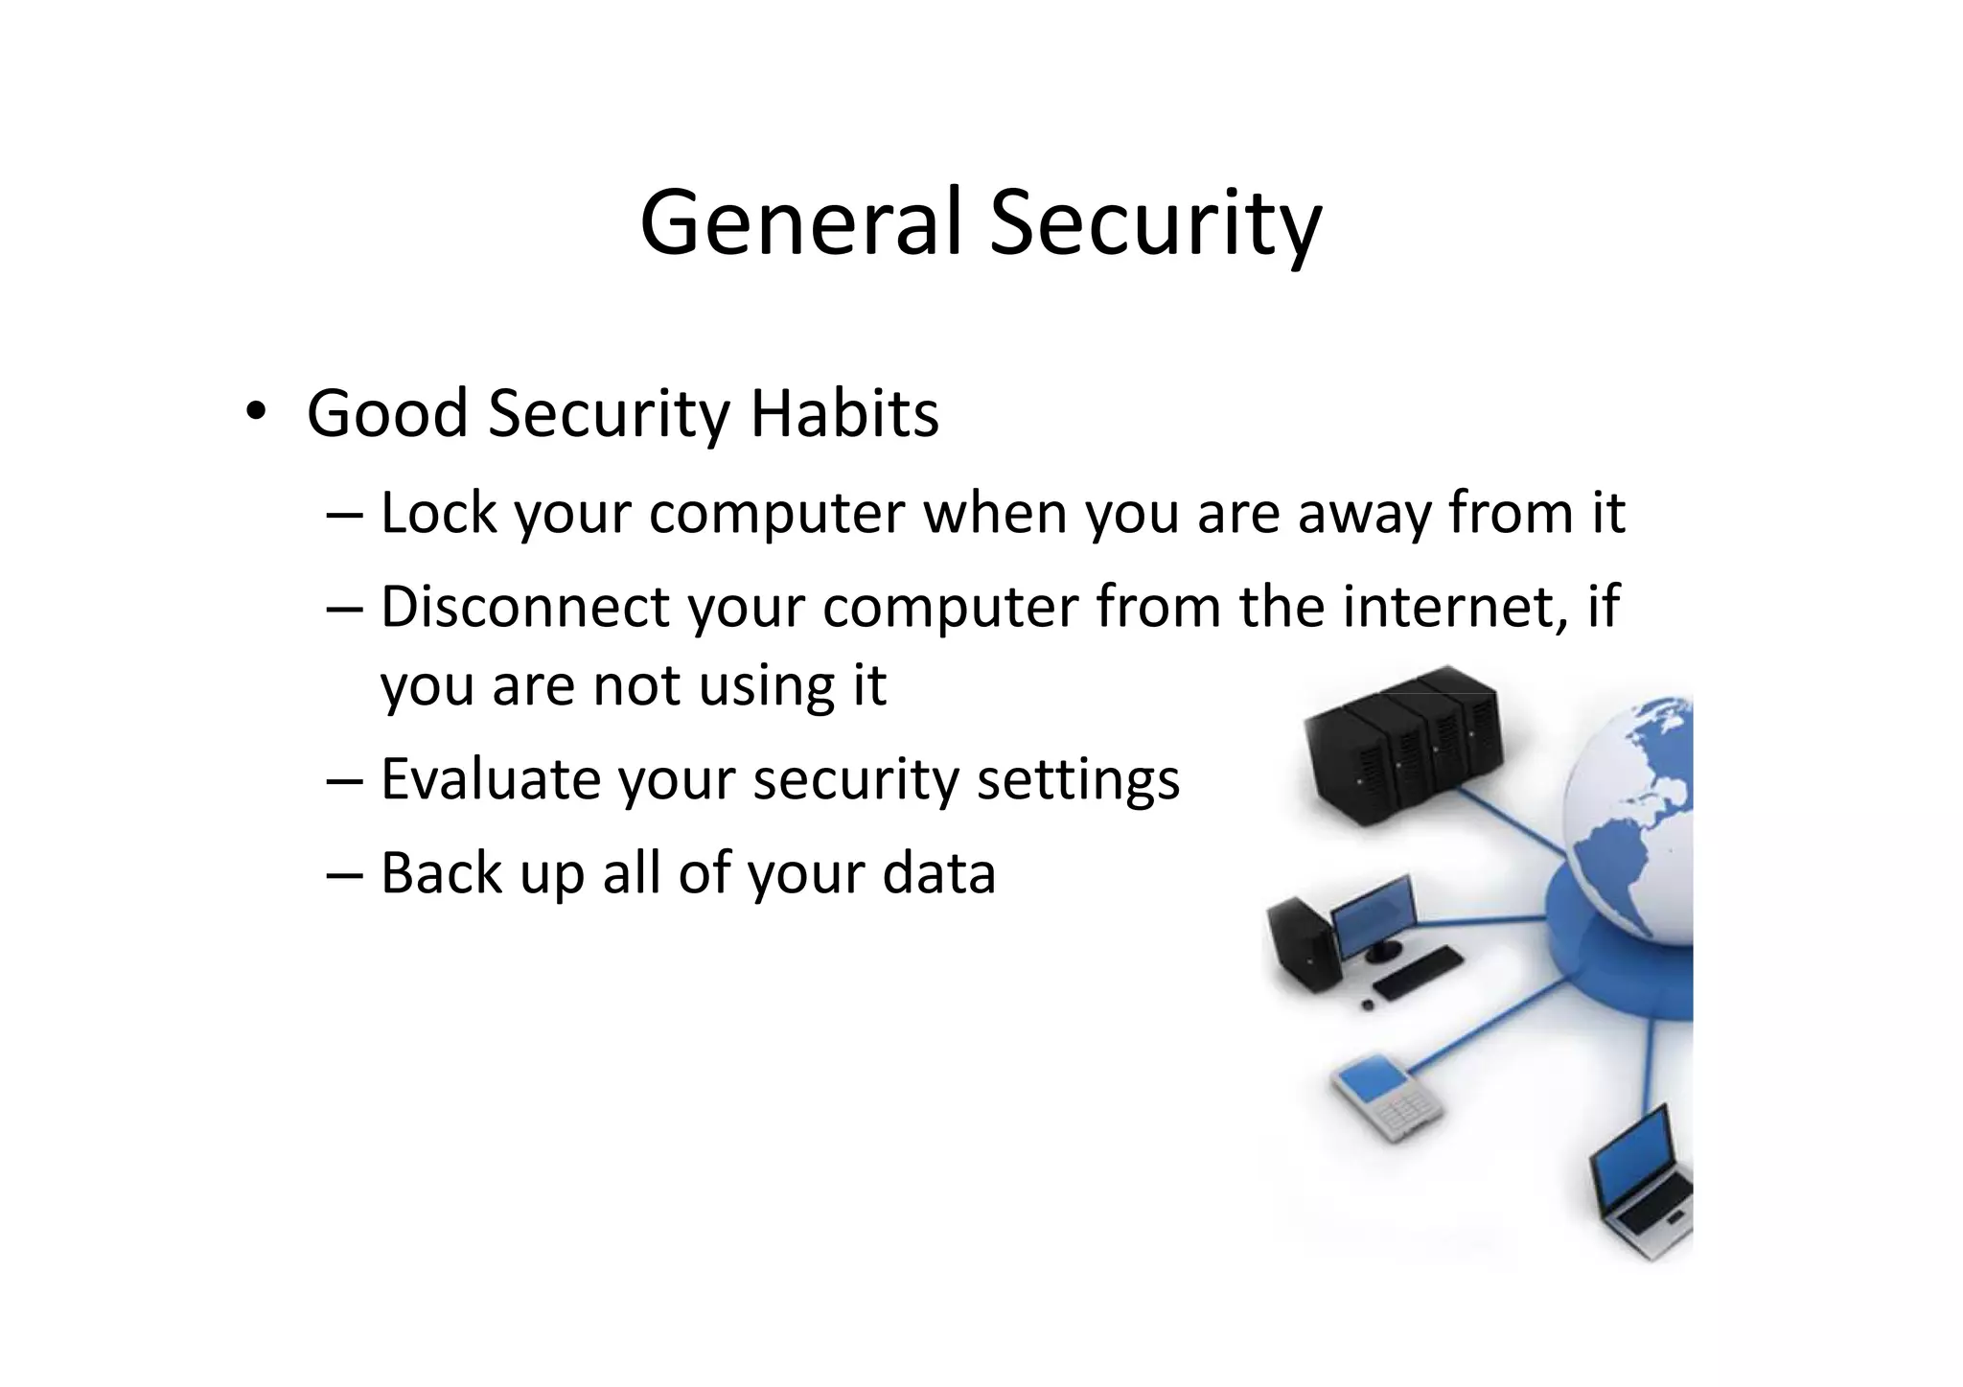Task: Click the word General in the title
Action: coord(800,223)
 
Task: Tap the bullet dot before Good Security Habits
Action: coord(254,413)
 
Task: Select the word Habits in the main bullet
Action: coord(843,413)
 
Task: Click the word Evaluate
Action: coord(491,778)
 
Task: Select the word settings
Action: coord(1078,780)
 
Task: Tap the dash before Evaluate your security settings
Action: coord(344,778)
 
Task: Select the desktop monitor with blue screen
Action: coord(1373,916)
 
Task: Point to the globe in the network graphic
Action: coord(1629,824)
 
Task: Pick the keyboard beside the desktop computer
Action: coord(1418,973)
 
